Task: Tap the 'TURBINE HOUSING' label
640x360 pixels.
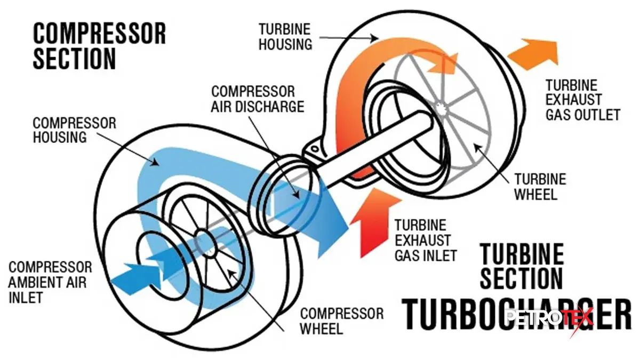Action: tap(285, 36)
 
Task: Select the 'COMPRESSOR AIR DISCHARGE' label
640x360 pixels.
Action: tap(258, 99)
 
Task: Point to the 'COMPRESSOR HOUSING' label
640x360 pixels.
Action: tap(75, 130)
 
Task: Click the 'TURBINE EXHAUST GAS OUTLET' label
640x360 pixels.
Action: tap(582, 100)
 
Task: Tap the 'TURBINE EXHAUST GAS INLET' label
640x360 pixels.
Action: tap(426, 241)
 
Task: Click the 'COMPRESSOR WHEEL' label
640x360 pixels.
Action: tap(341, 321)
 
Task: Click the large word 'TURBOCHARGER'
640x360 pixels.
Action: tap(515, 315)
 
